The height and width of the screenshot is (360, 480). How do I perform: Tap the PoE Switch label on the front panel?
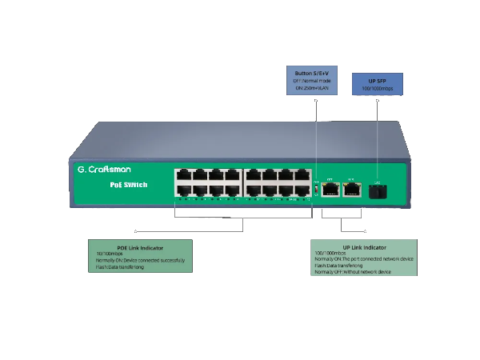(127, 185)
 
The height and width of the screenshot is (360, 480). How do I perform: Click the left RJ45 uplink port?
(330, 190)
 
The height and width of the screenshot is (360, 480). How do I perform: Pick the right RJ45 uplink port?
(350, 190)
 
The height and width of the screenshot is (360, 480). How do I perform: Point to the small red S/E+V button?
(316, 190)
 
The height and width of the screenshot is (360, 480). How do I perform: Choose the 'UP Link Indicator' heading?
(364, 247)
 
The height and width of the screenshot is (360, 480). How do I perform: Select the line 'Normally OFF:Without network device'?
(352, 272)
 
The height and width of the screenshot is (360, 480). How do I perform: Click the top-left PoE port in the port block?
(182, 174)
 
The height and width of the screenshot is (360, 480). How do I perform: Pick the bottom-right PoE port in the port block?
(302, 190)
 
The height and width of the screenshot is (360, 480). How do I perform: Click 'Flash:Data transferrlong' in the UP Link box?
(339, 266)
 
